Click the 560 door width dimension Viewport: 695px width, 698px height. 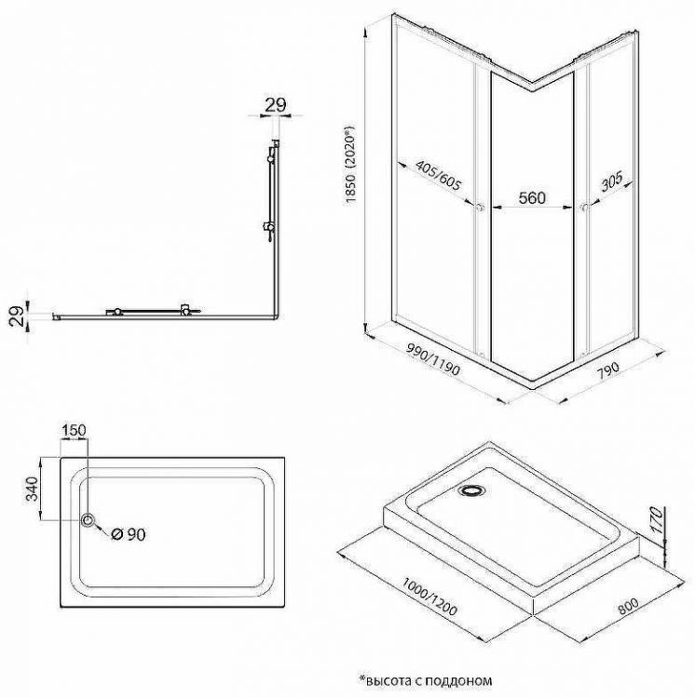532,198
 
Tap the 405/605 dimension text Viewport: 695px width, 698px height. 438,175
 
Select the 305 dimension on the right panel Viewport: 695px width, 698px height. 611,181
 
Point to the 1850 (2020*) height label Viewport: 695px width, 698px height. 351,164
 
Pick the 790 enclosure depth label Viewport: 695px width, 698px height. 607,370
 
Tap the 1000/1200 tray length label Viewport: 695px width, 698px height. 429,596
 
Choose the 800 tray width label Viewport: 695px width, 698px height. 628,606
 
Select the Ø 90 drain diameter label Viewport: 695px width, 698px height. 129,534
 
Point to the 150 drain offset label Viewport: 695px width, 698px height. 74,431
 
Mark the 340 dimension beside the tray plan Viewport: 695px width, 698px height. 32,489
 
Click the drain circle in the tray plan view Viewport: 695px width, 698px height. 88,519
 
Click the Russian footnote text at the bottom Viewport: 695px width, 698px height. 426,680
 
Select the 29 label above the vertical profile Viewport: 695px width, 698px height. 276,105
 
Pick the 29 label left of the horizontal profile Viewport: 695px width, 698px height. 17,316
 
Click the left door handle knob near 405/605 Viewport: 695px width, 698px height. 480,207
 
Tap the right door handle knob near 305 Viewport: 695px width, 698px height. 583,207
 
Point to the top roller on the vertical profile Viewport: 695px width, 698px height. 270,159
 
